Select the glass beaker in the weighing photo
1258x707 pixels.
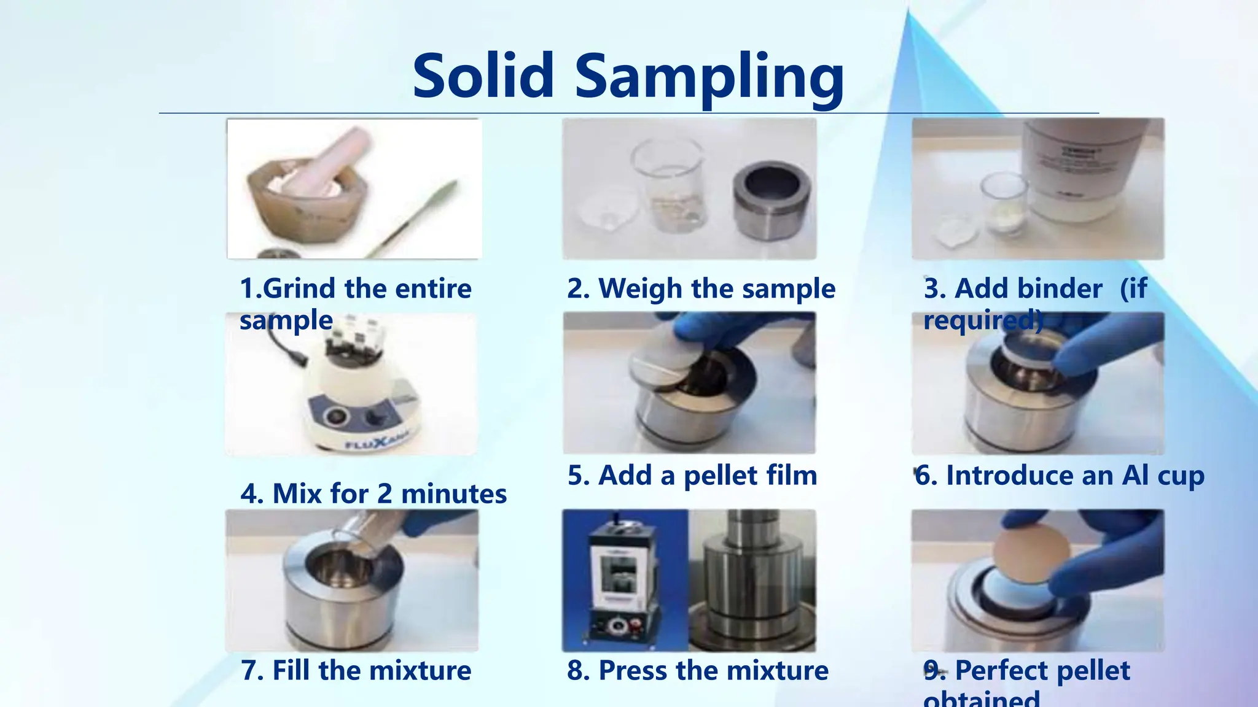point(670,184)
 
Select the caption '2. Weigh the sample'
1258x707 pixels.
point(701,288)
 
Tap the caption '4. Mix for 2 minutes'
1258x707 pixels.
point(373,494)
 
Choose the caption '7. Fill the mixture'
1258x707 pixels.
point(356,670)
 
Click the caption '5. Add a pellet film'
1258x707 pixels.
point(692,476)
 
